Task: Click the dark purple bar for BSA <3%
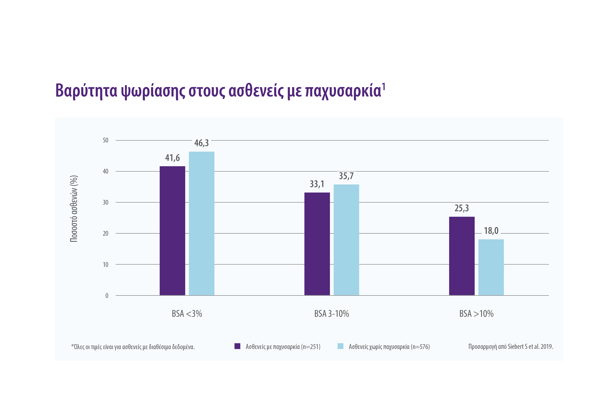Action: (172, 230)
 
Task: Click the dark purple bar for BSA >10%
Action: (462, 256)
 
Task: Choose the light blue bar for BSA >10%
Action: (491, 267)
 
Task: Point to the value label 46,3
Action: (201, 143)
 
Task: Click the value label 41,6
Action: (172, 158)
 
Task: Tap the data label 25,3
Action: (462, 208)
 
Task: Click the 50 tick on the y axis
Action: (105, 140)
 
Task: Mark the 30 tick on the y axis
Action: (105, 202)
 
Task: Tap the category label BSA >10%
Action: (476, 314)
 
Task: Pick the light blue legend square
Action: (340, 346)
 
